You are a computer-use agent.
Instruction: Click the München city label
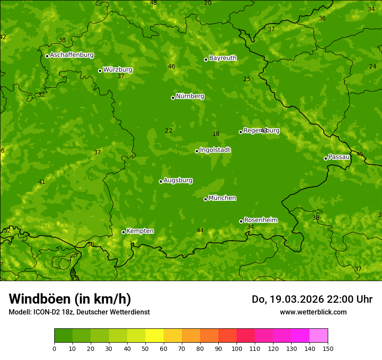point(222,198)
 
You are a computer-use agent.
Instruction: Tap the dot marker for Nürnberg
point(173,98)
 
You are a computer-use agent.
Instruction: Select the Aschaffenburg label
point(72,55)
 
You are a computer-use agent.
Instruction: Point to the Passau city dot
point(326,158)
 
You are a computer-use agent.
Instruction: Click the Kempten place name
point(140,231)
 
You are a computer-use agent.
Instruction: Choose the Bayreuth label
point(223,58)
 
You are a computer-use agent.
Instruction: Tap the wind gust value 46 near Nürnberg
point(171,66)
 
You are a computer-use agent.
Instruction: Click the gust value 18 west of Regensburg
point(216,134)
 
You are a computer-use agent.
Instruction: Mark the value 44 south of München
point(200,230)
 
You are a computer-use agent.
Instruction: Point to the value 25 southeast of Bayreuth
point(247,79)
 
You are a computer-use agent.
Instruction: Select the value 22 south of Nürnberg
point(168,131)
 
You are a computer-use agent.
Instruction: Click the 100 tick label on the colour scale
point(237,348)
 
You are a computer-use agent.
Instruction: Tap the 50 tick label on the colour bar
point(145,348)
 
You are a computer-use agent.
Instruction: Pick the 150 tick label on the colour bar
point(328,348)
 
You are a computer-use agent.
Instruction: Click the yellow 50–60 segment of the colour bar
point(155,336)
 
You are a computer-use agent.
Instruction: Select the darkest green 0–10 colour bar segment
point(63,336)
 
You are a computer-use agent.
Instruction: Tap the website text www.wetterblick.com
point(313,312)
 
